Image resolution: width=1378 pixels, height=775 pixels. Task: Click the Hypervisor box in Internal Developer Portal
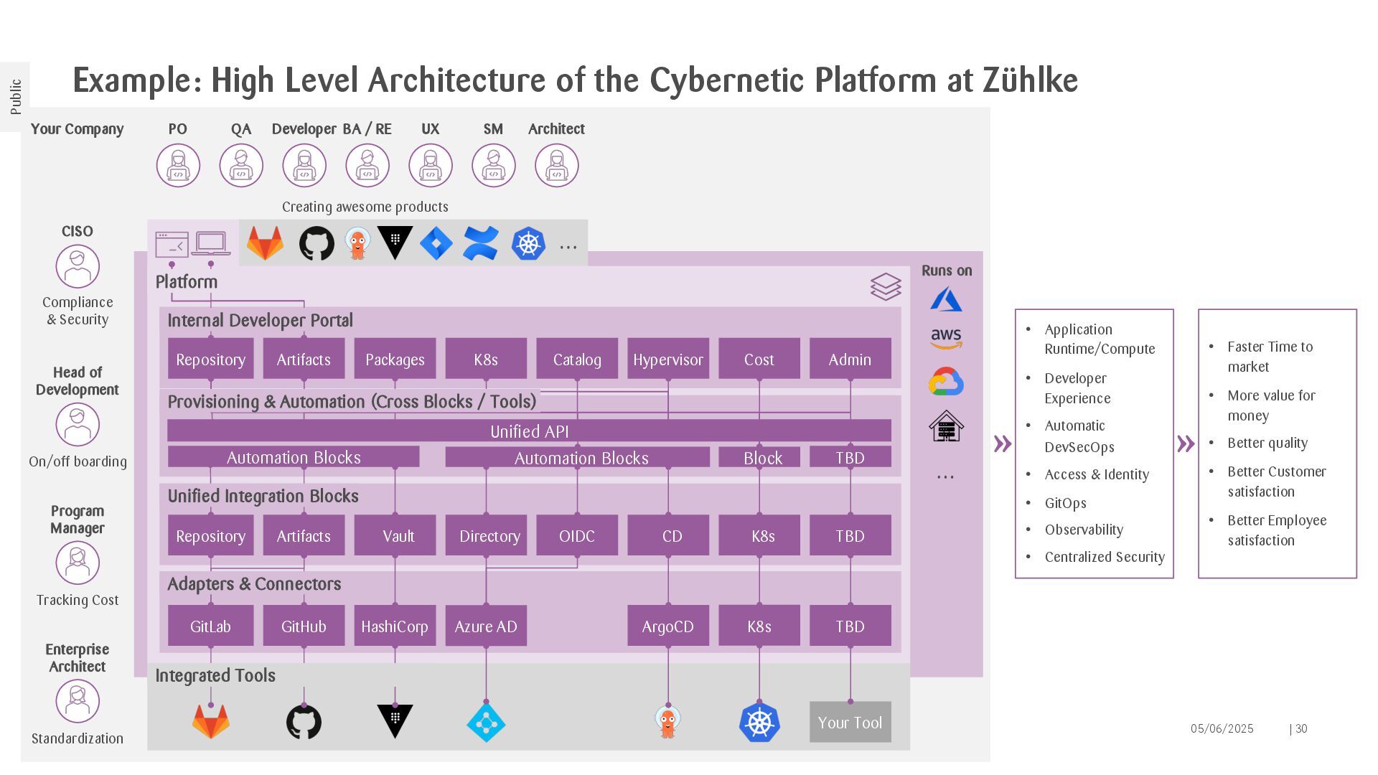click(667, 359)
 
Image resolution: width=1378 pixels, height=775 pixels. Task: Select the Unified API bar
click(529, 431)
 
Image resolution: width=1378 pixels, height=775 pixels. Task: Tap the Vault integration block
click(395, 535)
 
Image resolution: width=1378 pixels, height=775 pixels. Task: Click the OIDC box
click(576, 535)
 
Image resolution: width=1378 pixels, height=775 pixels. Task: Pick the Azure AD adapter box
click(486, 626)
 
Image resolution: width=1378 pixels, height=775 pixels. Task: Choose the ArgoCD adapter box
click(667, 626)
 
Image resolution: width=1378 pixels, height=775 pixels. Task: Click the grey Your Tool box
click(850, 722)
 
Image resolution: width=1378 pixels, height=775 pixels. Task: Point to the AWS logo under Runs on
click(946, 338)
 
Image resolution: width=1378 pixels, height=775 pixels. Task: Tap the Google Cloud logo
click(946, 382)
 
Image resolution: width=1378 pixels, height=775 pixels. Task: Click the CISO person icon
click(78, 266)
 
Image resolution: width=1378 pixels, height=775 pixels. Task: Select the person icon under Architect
click(556, 166)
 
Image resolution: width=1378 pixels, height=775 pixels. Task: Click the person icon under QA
click(241, 166)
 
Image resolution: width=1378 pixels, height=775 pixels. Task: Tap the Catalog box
click(576, 359)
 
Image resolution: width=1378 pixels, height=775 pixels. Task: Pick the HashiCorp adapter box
click(395, 626)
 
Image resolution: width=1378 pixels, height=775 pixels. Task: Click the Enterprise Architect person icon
click(78, 701)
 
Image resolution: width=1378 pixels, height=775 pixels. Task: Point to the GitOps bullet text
click(1065, 503)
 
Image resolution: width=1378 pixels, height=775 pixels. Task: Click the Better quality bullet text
click(1267, 443)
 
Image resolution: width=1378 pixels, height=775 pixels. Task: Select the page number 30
click(1301, 729)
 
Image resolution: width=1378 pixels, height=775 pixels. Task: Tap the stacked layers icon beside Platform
click(886, 286)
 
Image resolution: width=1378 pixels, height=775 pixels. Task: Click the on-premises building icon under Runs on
click(946, 426)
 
